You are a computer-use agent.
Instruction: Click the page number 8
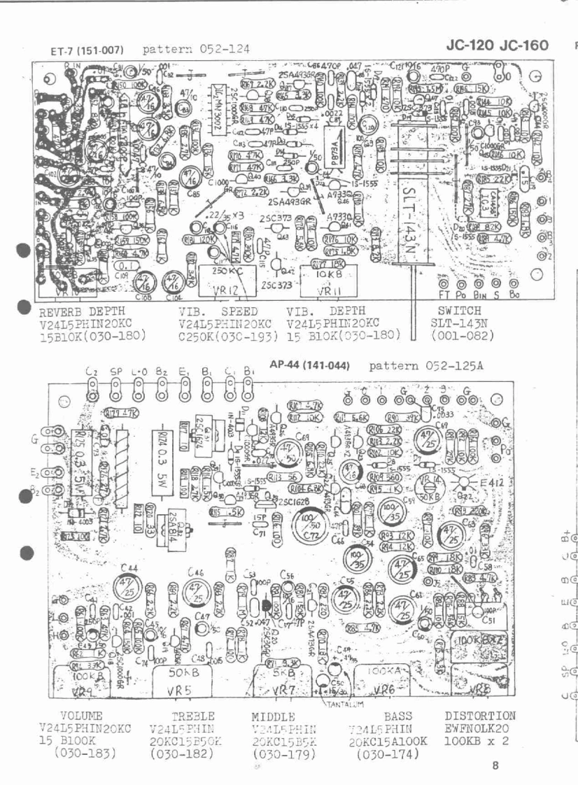495,765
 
